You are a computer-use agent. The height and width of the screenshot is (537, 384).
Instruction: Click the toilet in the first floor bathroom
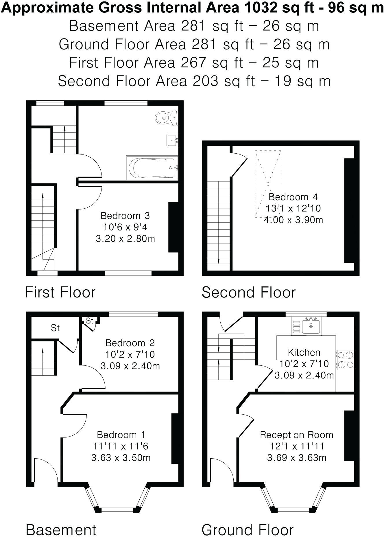click(x=166, y=118)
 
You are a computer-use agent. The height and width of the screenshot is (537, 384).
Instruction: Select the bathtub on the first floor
click(x=152, y=168)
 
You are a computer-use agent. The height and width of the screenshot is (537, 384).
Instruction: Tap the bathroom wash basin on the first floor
click(x=172, y=141)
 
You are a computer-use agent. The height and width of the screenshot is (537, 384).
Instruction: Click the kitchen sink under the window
click(x=311, y=326)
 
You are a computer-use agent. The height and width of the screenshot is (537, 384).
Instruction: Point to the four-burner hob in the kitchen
click(x=345, y=360)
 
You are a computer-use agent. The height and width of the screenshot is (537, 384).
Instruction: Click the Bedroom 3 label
click(x=125, y=216)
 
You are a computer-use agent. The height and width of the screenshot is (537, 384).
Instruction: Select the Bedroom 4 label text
click(x=293, y=197)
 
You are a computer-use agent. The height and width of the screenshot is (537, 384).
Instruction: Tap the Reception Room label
click(x=296, y=435)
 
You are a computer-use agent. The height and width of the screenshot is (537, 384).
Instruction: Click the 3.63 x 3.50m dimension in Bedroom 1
click(x=121, y=458)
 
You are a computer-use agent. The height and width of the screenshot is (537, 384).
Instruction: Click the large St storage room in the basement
click(x=55, y=328)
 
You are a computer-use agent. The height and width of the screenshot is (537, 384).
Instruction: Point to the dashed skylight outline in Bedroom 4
click(x=268, y=184)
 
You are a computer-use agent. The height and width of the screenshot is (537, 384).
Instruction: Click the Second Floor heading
click(x=248, y=292)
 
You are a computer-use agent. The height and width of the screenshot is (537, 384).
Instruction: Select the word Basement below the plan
click(x=61, y=530)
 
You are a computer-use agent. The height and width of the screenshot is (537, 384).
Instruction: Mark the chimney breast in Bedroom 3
click(x=173, y=227)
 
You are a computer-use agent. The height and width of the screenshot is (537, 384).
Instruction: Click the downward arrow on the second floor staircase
click(x=219, y=260)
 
